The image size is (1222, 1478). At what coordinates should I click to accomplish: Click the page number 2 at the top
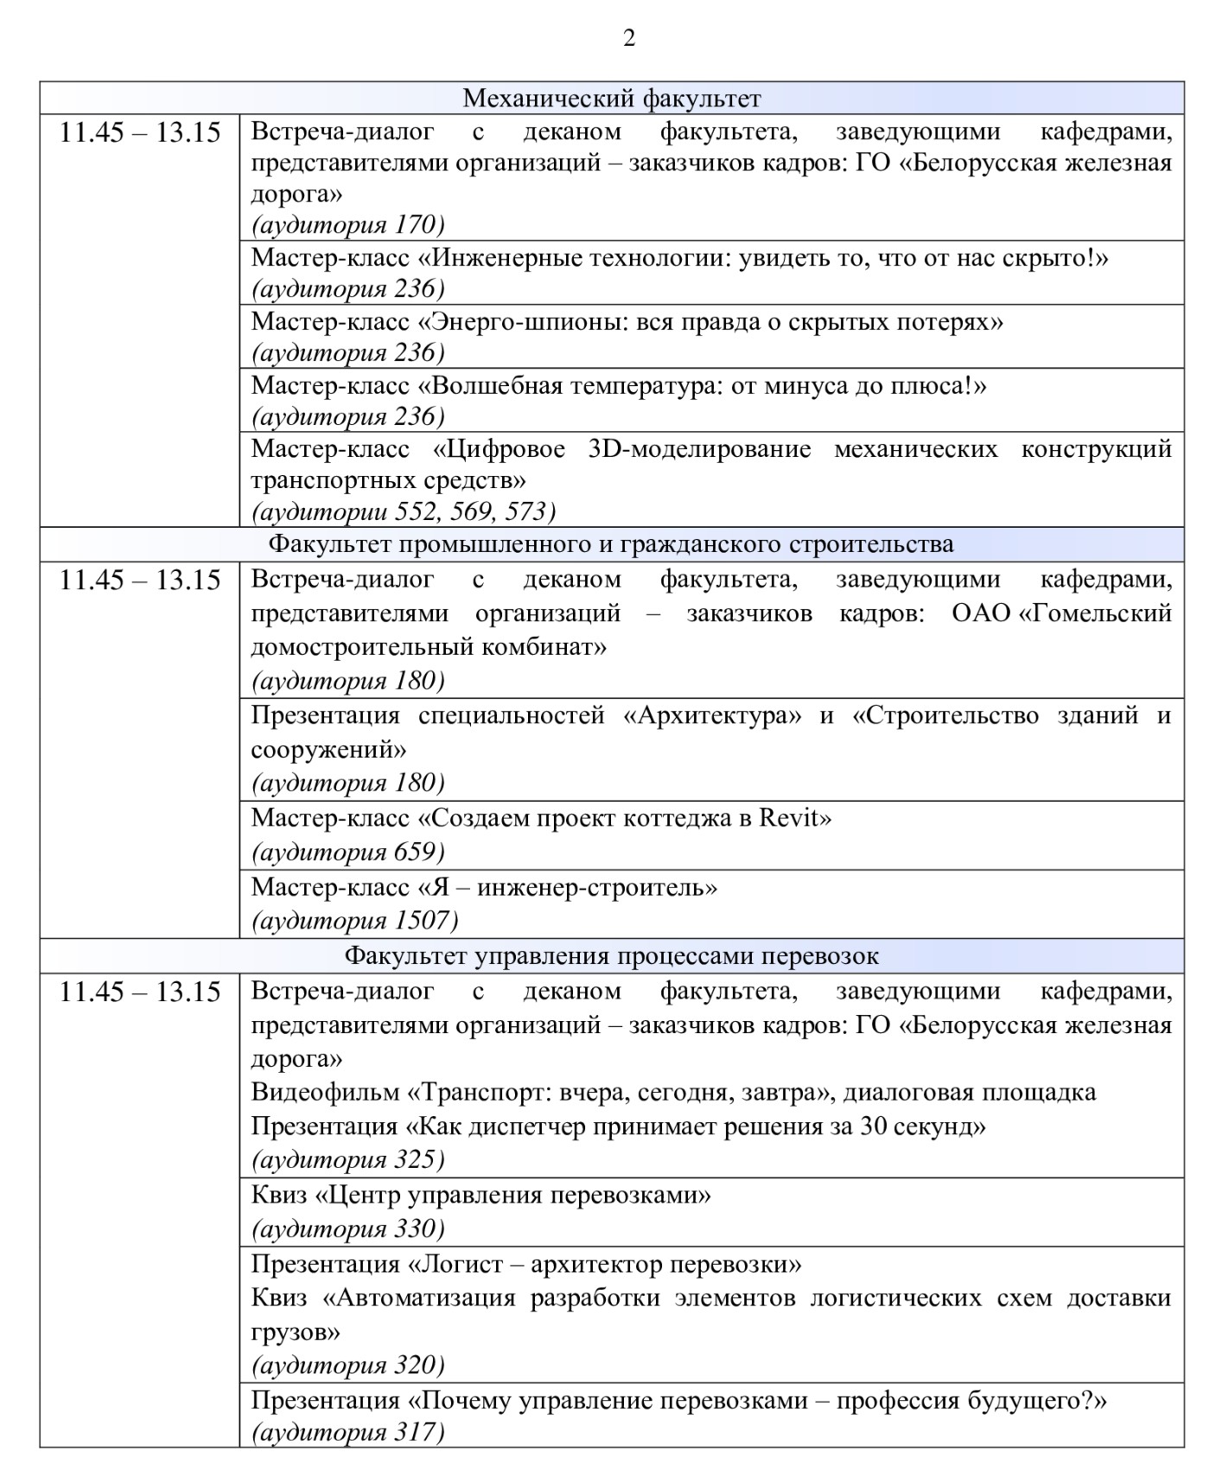(x=628, y=38)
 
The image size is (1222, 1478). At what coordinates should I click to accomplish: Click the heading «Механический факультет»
(x=611, y=98)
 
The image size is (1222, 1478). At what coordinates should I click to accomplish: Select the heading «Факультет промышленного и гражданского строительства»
(x=611, y=544)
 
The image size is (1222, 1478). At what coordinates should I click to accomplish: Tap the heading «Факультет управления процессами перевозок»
(x=611, y=956)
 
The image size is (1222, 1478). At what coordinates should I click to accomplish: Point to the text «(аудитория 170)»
(x=347, y=225)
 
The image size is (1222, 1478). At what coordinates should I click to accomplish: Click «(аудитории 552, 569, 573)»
(x=403, y=511)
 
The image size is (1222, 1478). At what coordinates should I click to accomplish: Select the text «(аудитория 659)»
(x=347, y=853)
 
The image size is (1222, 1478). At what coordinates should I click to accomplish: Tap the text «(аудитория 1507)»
(x=354, y=921)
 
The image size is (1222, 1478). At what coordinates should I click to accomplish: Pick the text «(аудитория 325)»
(x=347, y=1159)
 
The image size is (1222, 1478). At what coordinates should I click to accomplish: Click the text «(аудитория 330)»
(x=347, y=1228)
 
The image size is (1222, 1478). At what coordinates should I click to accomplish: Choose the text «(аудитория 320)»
(x=347, y=1365)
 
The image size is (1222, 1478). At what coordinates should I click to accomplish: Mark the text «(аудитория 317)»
(x=347, y=1433)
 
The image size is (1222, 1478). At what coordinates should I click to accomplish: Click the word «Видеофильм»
(x=323, y=1092)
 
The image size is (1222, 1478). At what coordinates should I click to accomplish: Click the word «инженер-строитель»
(x=596, y=887)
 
